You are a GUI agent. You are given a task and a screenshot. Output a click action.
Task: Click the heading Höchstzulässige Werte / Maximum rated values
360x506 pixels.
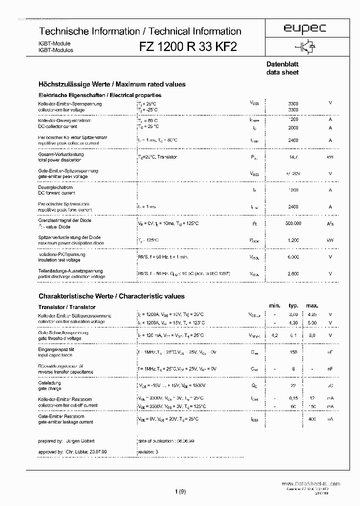tap(111, 84)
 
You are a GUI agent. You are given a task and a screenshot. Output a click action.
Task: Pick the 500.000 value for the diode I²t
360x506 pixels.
tap(293, 224)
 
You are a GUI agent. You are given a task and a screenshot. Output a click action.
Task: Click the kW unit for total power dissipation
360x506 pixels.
tap(330, 157)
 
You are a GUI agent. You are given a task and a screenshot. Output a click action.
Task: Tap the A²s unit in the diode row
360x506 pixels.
tap(330, 224)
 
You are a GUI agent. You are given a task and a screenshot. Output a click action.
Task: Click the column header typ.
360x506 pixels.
tap(293, 305)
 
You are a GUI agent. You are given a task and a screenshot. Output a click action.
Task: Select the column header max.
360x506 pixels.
tap(312, 305)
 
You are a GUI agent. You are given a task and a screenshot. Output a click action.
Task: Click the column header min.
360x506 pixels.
tap(274, 305)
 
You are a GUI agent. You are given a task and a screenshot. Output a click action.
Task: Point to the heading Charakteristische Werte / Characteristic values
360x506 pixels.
tap(111, 296)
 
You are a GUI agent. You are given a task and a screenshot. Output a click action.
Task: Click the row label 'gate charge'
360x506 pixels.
tap(50, 389)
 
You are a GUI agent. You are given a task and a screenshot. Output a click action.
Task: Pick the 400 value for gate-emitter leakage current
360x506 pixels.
tap(312, 418)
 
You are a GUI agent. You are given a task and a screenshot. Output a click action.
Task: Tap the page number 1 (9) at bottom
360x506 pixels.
tap(180, 492)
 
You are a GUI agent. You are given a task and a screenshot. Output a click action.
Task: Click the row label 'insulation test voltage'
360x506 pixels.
tap(59, 260)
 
